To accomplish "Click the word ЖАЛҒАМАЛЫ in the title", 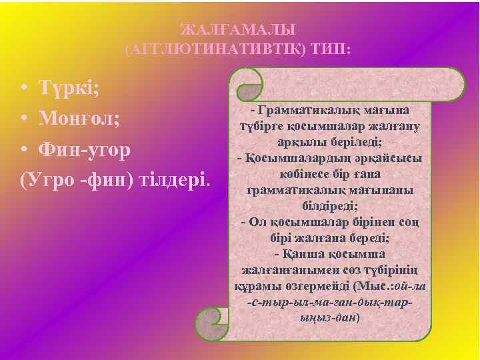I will click(238, 30).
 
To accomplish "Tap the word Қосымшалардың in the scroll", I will click(293, 159).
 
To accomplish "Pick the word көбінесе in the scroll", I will click(300, 175).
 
